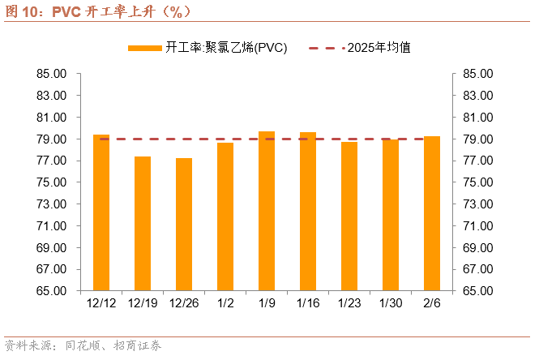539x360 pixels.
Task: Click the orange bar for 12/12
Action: [x=101, y=212]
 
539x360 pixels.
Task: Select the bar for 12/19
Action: [x=143, y=224]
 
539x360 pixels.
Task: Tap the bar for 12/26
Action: [x=184, y=224]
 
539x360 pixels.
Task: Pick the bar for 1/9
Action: [x=267, y=211]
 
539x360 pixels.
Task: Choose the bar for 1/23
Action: [x=349, y=216]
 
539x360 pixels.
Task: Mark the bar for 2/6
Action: [x=432, y=213]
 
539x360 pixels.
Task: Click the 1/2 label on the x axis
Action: [x=225, y=303]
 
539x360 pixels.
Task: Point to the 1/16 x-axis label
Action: [x=308, y=303]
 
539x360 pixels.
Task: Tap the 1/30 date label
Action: [x=391, y=303]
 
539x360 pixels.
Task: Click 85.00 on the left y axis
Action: [x=52, y=74]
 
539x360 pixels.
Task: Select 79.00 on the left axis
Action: [x=52, y=139]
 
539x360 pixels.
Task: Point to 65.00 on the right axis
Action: [x=478, y=291]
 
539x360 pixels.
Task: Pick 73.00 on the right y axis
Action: [x=478, y=204]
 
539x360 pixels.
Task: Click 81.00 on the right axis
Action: [x=478, y=118]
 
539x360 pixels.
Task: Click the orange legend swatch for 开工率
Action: [x=145, y=48]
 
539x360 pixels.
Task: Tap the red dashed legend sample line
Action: [x=327, y=48]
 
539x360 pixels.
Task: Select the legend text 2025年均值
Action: [x=379, y=48]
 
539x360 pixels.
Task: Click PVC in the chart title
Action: [x=66, y=11]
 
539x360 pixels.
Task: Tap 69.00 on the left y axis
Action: [x=52, y=248]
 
